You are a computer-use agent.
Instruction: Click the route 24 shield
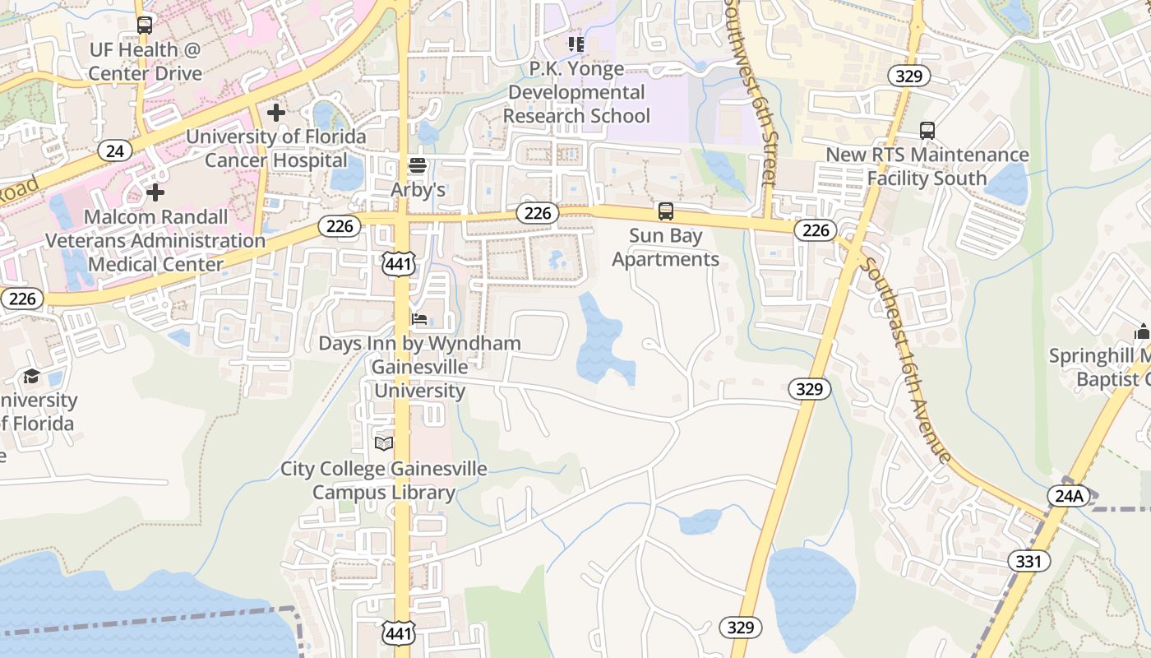point(115,151)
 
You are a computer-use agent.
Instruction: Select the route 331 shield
point(1029,562)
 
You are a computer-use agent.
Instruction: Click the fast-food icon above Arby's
point(418,166)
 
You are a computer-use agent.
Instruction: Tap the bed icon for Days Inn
point(419,319)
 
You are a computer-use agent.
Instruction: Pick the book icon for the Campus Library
point(384,444)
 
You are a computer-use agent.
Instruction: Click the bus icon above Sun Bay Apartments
point(666,211)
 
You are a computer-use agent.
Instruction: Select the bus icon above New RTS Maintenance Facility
point(927,131)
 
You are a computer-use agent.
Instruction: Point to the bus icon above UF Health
point(145,25)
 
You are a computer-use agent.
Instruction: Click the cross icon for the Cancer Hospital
point(276,113)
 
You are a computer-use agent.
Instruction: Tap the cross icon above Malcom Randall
point(155,193)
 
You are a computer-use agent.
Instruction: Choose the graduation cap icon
point(31,377)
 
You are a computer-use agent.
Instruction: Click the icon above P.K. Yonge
point(576,44)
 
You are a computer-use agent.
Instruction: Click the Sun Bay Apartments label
point(666,248)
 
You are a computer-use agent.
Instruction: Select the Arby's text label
point(418,190)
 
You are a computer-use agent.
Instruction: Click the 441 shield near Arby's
point(399,263)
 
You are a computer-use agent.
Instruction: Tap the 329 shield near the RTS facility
point(908,76)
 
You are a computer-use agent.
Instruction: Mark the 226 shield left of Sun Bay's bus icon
point(538,214)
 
